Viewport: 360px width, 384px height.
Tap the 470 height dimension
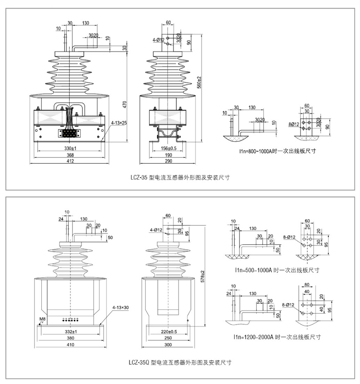click(x=125, y=104)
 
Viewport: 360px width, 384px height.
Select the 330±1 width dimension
click(x=70, y=149)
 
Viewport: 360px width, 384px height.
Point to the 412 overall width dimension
click(x=70, y=161)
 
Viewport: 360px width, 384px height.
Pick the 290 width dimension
click(x=168, y=161)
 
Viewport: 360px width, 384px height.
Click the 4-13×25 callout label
click(x=119, y=123)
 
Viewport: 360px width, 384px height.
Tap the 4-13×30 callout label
click(x=120, y=307)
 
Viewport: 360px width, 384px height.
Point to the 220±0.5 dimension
click(x=168, y=332)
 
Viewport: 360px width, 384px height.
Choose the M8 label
click(x=42, y=320)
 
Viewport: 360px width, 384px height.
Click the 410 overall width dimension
click(x=70, y=345)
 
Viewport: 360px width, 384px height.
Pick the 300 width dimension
click(x=168, y=345)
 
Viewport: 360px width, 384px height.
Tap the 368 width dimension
click(x=70, y=155)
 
